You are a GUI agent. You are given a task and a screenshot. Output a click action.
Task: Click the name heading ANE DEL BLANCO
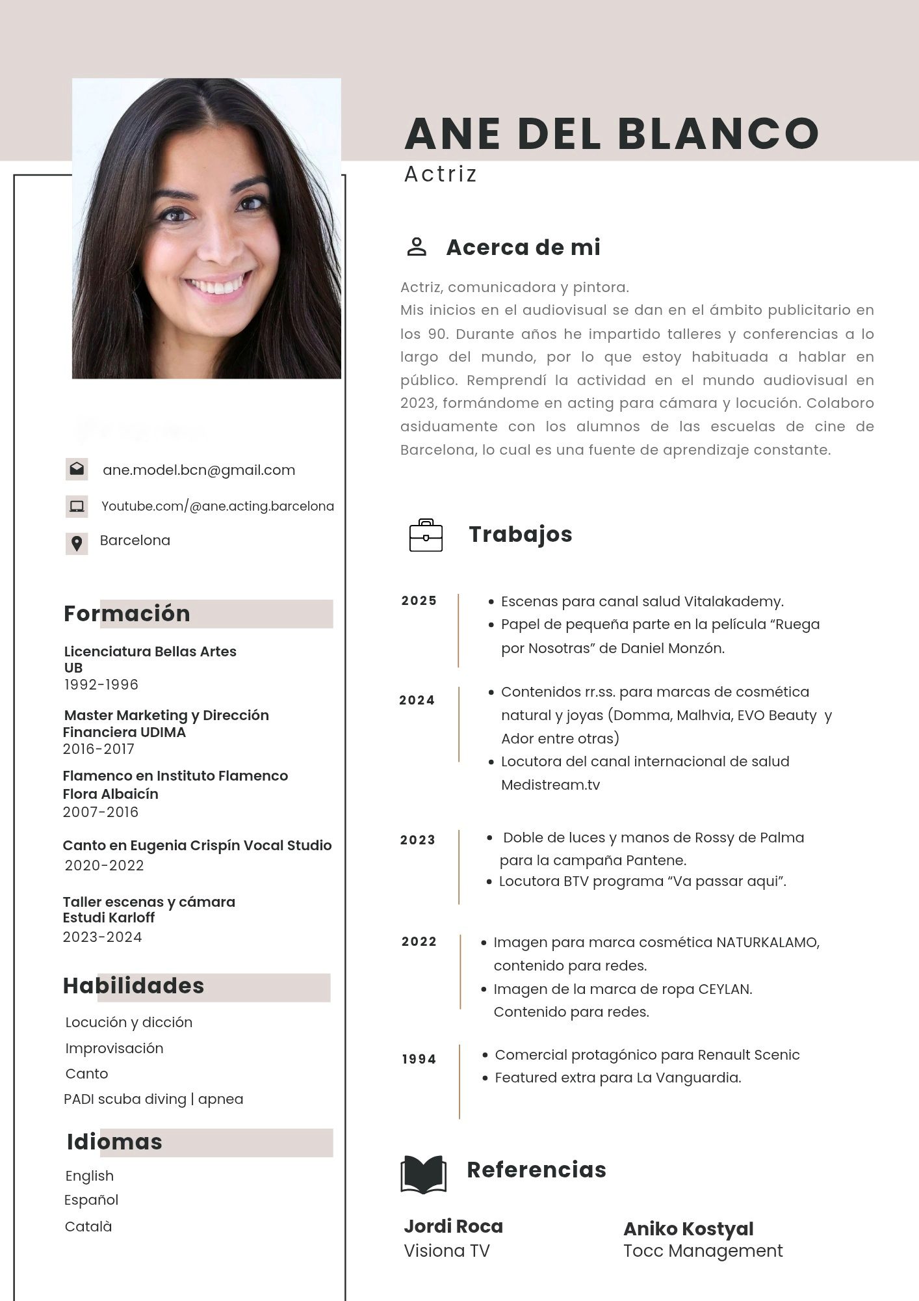611,133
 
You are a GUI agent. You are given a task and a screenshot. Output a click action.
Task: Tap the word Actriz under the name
441,174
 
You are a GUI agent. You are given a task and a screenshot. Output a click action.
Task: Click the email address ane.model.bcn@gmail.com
199,470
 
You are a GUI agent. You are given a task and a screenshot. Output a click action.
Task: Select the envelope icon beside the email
77,469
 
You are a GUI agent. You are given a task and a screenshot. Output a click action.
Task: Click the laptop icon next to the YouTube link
77,506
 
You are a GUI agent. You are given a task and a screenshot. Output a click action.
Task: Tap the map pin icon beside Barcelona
77,543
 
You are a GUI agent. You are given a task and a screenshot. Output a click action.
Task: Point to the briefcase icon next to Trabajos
426,535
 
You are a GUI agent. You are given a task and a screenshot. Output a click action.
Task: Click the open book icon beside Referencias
423,1174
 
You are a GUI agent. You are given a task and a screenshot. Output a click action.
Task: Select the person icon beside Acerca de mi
417,247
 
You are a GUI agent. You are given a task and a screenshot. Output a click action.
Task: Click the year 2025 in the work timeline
419,601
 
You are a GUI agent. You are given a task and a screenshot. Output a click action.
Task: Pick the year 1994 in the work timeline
419,1060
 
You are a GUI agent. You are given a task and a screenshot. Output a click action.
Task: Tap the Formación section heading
127,614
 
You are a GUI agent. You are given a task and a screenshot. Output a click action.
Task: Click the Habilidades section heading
133,986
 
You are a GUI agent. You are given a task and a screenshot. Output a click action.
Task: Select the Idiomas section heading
114,1142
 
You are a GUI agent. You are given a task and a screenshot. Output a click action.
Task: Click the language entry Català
88,1227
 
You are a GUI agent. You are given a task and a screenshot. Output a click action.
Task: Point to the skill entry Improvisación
114,1049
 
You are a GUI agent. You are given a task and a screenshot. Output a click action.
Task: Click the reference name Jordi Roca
453,1227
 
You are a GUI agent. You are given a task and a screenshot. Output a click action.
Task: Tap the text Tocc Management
703,1251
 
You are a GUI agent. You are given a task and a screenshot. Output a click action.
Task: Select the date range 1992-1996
101,685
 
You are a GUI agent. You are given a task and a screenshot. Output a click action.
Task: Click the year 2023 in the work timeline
418,840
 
